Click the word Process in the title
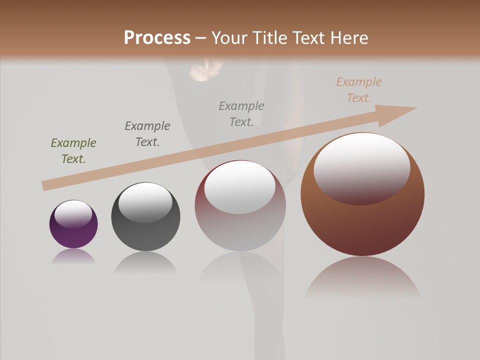[157, 38]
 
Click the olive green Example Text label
[73, 151]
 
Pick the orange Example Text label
[359, 90]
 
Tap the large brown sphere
[362, 220]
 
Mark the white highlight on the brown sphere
[362, 167]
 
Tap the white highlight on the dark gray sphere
[145, 201]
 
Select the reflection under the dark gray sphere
[145, 262]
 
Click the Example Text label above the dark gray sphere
[147, 134]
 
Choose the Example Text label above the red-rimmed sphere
[241, 113]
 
